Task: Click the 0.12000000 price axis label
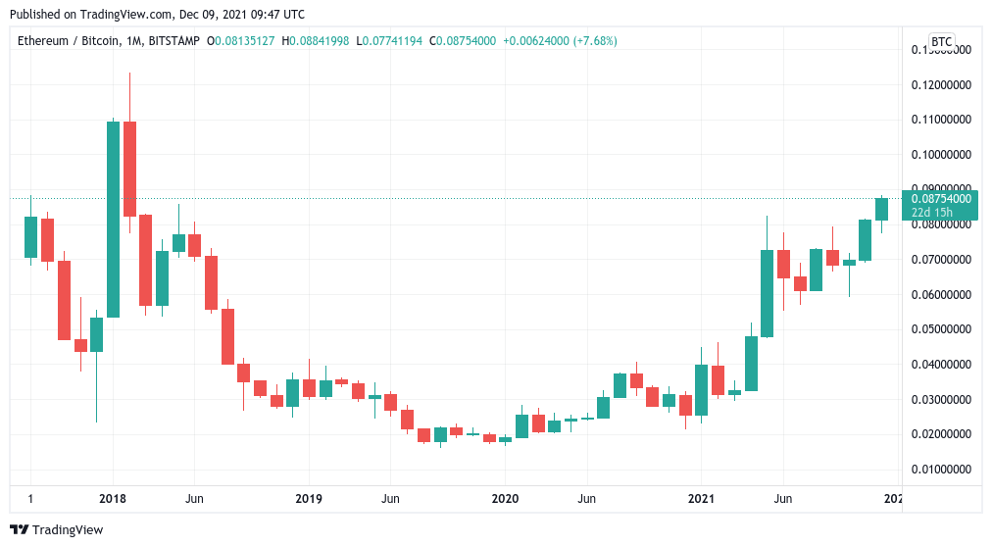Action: [940, 85]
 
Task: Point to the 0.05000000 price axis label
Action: [940, 329]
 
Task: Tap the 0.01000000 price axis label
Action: [940, 470]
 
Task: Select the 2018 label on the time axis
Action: [113, 498]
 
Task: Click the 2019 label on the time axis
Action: [309, 498]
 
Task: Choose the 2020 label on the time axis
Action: [505, 498]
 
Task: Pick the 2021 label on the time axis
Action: [702, 498]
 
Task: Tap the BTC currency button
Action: [941, 41]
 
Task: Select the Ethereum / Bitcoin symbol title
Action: [69, 41]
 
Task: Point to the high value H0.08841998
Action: [315, 41]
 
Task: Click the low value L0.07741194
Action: [389, 41]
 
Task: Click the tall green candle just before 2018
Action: [113, 219]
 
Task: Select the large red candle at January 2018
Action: [129, 169]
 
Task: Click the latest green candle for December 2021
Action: [881, 209]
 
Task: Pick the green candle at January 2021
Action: [701, 390]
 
